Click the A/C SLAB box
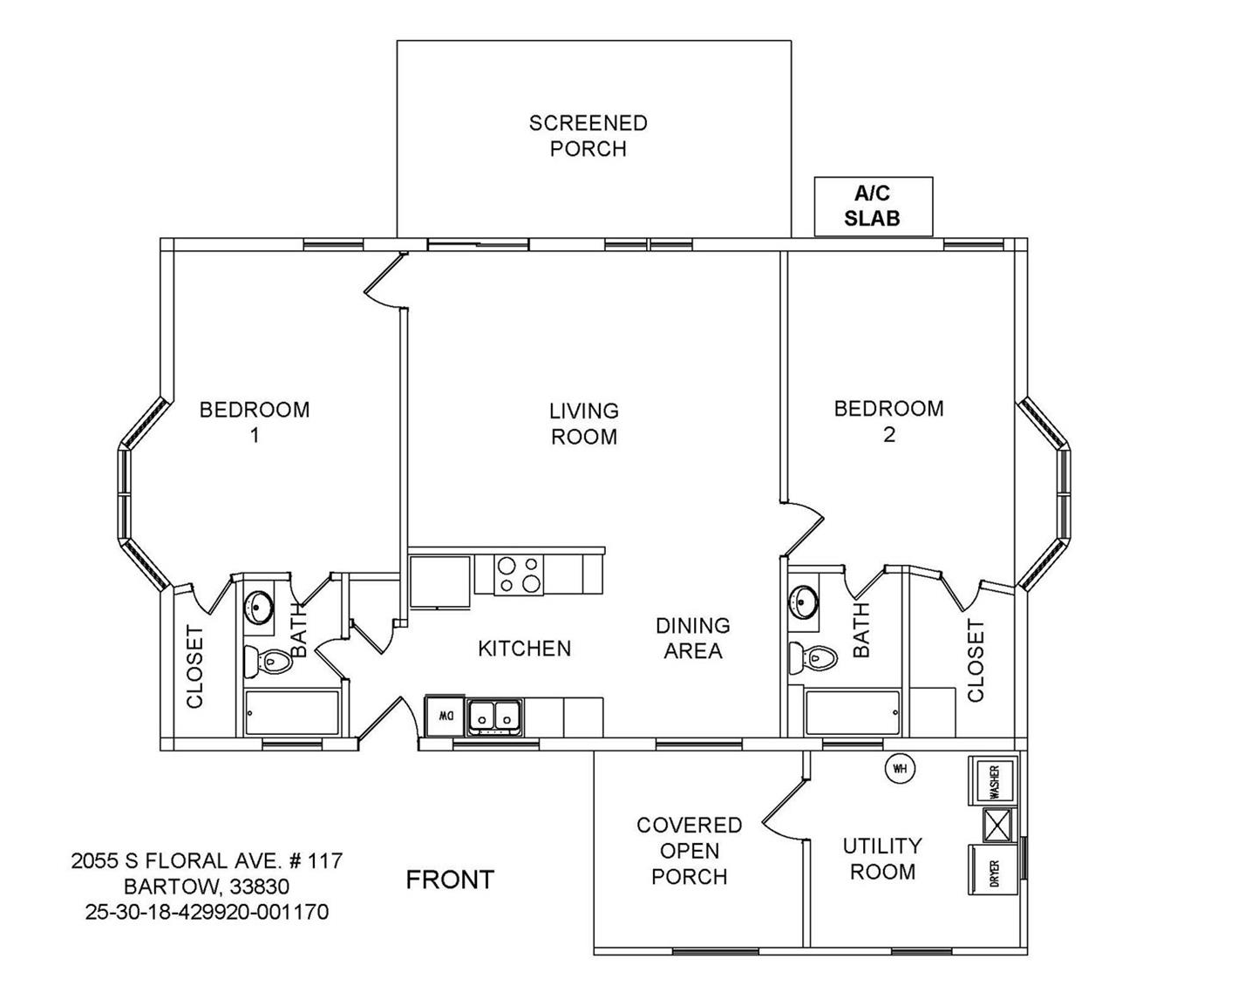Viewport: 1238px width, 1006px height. click(x=873, y=207)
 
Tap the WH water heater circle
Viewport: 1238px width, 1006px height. click(x=899, y=769)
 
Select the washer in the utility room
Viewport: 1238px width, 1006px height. click(x=993, y=780)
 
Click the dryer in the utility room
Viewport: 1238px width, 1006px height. click(x=993, y=869)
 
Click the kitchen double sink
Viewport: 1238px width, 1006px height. click(x=494, y=717)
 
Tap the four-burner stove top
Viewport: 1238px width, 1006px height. click(x=519, y=574)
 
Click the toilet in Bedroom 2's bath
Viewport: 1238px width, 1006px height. click(x=813, y=658)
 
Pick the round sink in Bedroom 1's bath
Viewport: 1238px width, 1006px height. click(x=257, y=607)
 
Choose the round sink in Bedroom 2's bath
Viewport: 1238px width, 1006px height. click(x=803, y=601)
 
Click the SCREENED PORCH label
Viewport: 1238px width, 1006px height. click(x=588, y=136)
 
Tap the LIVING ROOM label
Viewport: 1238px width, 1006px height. click(x=584, y=424)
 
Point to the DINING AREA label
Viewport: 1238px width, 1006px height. click(x=693, y=638)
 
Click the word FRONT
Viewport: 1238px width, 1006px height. click(x=450, y=880)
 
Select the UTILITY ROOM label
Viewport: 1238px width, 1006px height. click(x=882, y=859)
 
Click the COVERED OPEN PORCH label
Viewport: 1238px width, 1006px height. click(x=690, y=850)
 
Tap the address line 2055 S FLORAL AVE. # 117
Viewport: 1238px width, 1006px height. click(x=207, y=860)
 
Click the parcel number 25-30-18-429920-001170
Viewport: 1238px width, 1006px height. click(x=207, y=911)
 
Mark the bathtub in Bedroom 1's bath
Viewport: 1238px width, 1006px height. click(x=292, y=713)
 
